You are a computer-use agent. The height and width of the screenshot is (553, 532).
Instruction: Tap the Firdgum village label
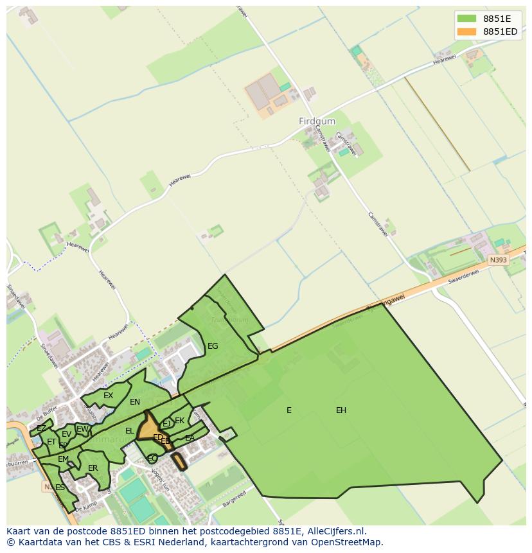pyautogui.click(x=317, y=121)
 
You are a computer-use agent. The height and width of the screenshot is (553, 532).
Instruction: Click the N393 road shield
pyautogui.click(x=497, y=260)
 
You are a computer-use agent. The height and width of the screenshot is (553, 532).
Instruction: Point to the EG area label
pyautogui.click(x=213, y=346)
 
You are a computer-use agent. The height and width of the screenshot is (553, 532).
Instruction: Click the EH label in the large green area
pyautogui.click(x=341, y=410)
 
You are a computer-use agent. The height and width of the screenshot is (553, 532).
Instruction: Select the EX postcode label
pyautogui.click(x=108, y=396)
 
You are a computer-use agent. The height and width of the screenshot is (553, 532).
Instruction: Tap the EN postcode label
pyautogui.click(x=135, y=403)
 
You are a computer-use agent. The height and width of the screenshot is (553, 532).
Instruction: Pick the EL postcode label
pyautogui.click(x=130, y=431)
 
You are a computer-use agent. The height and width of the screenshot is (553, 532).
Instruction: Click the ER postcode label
pyautogui.click(x=93, y=468)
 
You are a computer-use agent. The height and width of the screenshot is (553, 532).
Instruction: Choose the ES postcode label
pyautogui.click(x=60, y=487)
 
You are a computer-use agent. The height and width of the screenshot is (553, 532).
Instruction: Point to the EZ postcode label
pyautogui.click(x=41, y=428)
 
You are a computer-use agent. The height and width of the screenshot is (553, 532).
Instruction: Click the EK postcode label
pyautogui.click(x=180, y=421)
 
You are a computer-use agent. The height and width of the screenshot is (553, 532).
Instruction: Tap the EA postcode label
pyautogui.click(x=190, y=438)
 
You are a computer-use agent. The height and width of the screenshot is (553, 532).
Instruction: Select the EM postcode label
pyautogui.click(x=63, y=459)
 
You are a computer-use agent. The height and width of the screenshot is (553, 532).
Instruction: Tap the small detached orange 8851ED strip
pyautogui.click(x=178, y=461)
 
